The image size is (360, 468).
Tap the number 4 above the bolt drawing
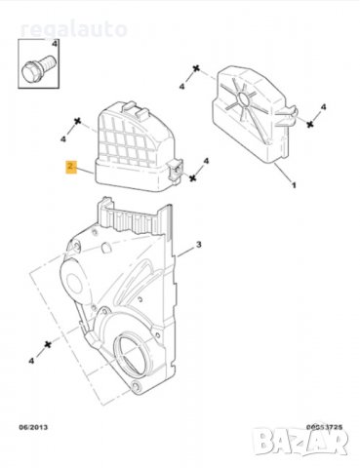[55, 46]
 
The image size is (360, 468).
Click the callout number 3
[198, 243]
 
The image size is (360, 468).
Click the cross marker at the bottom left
[47, 347]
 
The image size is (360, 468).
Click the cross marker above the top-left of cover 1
[195, 71]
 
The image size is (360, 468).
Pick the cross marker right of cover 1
[311, 125]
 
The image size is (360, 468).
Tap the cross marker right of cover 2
[194, 179]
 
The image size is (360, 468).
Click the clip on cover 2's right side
[177, 169]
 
